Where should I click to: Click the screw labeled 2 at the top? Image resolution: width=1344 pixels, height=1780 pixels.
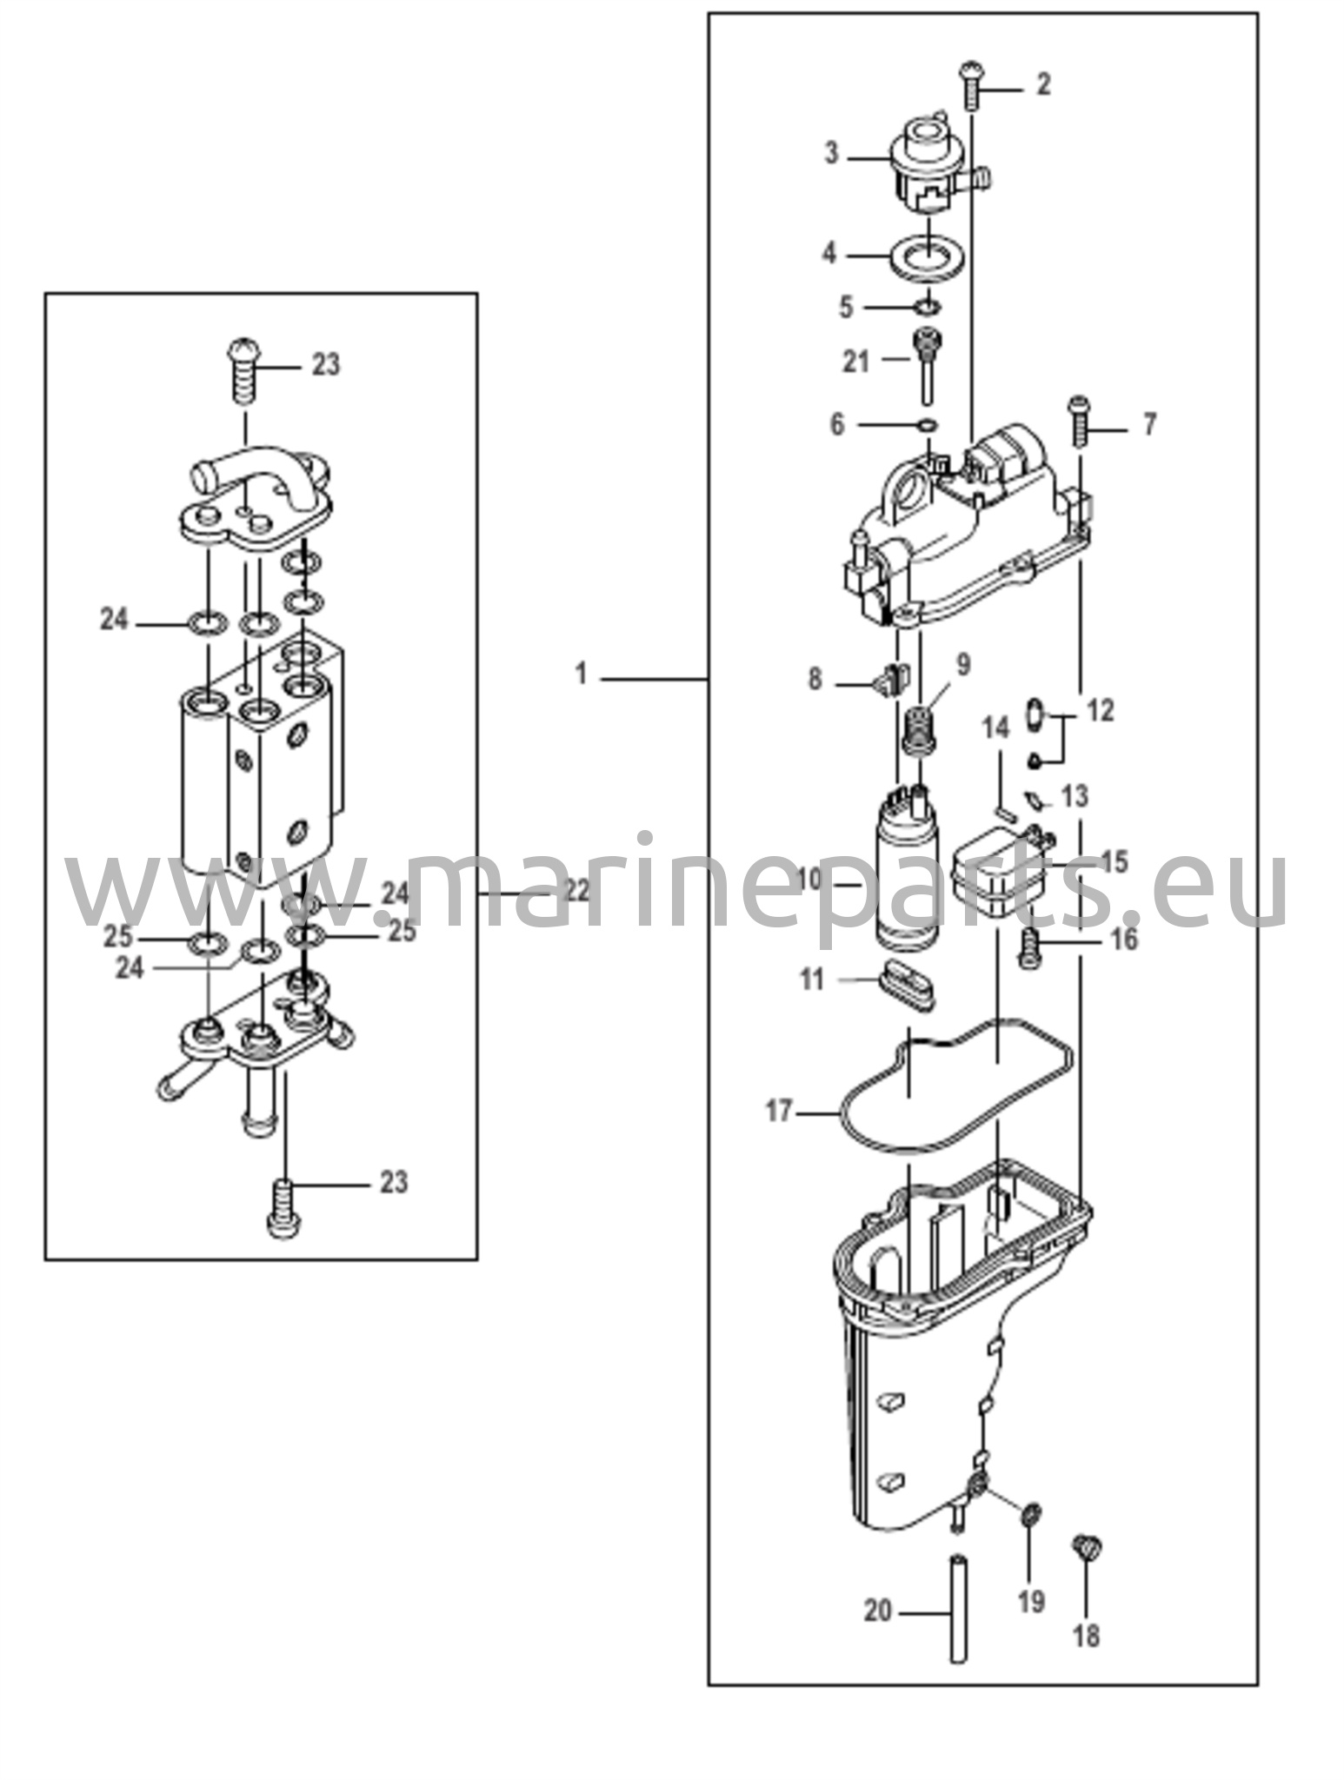click(x=971, y=84)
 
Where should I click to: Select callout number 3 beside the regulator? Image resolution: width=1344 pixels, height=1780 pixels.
click(x=832, y=154)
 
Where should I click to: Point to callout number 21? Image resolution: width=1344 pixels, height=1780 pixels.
click(x=856, y=360)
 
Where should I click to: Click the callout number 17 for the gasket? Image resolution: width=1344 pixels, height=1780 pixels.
click(x=779, y=1110)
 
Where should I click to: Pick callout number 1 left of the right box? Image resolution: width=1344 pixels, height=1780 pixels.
click(x=582, y=674)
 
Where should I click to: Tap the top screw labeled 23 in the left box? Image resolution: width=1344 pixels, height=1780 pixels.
click(x=244, y=370)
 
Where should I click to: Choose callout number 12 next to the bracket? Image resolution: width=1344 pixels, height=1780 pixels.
click(x=1100, y=710)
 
